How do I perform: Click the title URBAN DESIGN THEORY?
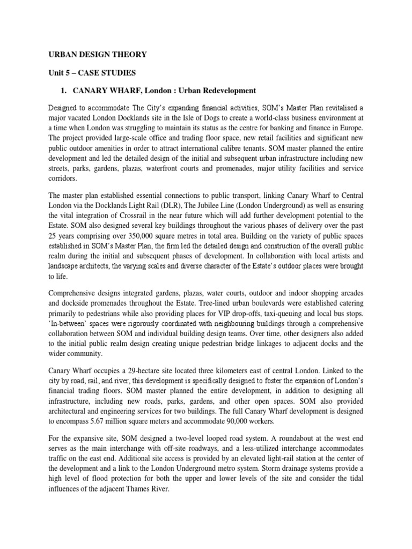point(97,54)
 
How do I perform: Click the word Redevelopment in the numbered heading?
point(226,90)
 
